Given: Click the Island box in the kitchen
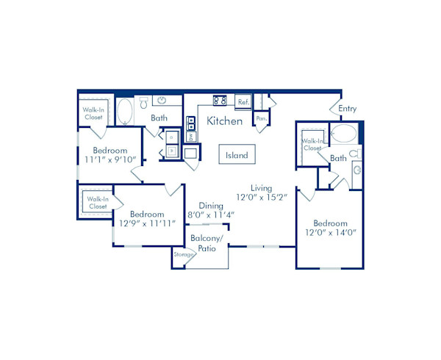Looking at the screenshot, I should pyautogui.click(x=237, y=156).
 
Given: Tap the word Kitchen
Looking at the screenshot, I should pyautogui.click(x=224, y=120).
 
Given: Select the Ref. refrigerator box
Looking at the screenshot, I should pyautogui.click(x=243, y=102).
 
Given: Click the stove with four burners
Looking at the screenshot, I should pyautogui.click(x=219, y=101).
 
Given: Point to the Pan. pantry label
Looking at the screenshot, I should pyautogui.click(x=261, y=118).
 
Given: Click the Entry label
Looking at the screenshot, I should pyautogui.click(x=348, y=109).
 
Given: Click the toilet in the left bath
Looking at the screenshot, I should pyautogui.click(x=143, y=103).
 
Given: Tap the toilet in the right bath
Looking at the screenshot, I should pyautogui.click(x=354, y=154).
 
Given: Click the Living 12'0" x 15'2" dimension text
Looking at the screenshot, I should pyautogui.click(x=261, y=192).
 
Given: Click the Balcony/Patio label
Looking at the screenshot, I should pyautogui.click(x=206, y=243).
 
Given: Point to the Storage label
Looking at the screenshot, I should pyautogui.click(x=184, y=254).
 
